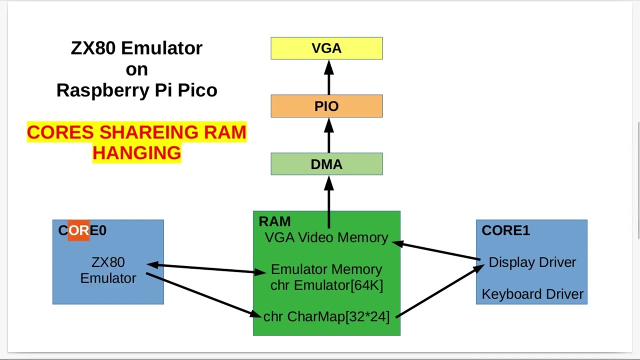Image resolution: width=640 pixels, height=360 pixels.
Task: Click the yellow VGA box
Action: [326, 48]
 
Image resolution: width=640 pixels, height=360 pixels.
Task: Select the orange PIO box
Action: [326, 106]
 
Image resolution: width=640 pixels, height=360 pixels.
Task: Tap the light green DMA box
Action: [326, 164]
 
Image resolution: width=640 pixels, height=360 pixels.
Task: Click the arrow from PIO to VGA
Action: [329, 77]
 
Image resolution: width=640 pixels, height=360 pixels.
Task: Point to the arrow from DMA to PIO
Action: [329, 135]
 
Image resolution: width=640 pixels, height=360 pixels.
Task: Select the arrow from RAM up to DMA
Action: [329, 202]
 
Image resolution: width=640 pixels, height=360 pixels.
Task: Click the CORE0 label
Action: [82, 230]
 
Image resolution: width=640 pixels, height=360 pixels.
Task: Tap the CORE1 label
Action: [505, 230]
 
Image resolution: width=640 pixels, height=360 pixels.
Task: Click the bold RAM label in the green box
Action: [274, 221]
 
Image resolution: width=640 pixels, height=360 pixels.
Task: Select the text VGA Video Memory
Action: [326, 237]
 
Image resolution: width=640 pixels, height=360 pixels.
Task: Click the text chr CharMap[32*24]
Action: [326, 316]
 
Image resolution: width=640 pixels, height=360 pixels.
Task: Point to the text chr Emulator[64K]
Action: [326, 285]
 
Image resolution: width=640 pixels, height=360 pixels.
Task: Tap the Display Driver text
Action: [532, 262]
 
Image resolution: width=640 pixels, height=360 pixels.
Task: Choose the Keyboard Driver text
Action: [532, 294]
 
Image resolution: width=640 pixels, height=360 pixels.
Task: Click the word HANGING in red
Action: [137, 153]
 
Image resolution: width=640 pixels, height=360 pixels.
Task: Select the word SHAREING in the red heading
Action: [149, 132]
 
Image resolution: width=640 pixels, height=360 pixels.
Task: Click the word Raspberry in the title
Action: [103, 90]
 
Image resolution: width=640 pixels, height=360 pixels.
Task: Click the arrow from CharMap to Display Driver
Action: [440, 291]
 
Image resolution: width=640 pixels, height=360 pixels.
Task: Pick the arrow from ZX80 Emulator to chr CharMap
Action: [203, 295]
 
